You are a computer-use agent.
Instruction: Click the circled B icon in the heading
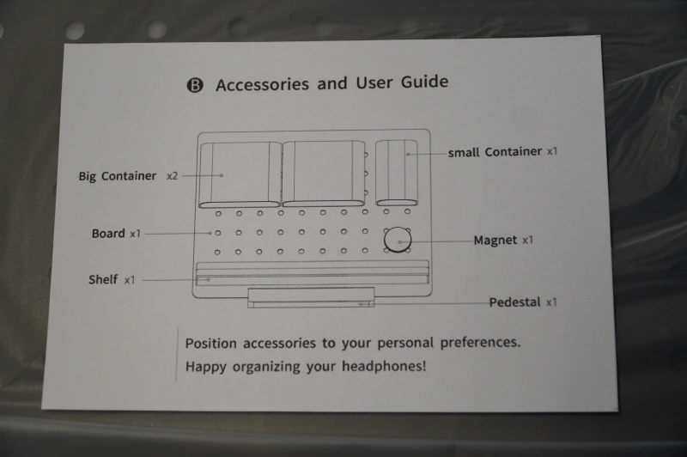pos(195,85)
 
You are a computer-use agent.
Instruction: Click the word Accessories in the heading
pos(262,84)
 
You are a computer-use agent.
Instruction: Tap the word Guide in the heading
pos(424,82)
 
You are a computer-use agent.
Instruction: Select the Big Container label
pos(118,176)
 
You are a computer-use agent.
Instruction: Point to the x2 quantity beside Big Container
pos(173,176)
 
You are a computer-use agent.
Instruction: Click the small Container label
pos(495,152)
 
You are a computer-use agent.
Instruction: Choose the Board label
pos(108,233)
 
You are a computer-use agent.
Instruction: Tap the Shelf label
pos(103,279)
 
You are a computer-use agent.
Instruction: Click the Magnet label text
pos(495,241)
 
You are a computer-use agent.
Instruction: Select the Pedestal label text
pos(514,302)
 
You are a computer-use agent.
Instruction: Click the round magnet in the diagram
pos(398,240)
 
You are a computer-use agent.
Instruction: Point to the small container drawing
pos(397,173)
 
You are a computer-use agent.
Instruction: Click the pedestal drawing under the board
pos(311,297)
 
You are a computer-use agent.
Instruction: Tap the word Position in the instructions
pos(210,343)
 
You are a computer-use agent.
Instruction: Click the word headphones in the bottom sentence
pos(384,366)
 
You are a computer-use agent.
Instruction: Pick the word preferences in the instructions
pos(480,342)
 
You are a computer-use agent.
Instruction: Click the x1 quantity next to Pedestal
pos(551,302)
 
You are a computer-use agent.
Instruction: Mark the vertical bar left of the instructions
pos(177,355)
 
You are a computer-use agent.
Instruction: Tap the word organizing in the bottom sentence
pos(266,367)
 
